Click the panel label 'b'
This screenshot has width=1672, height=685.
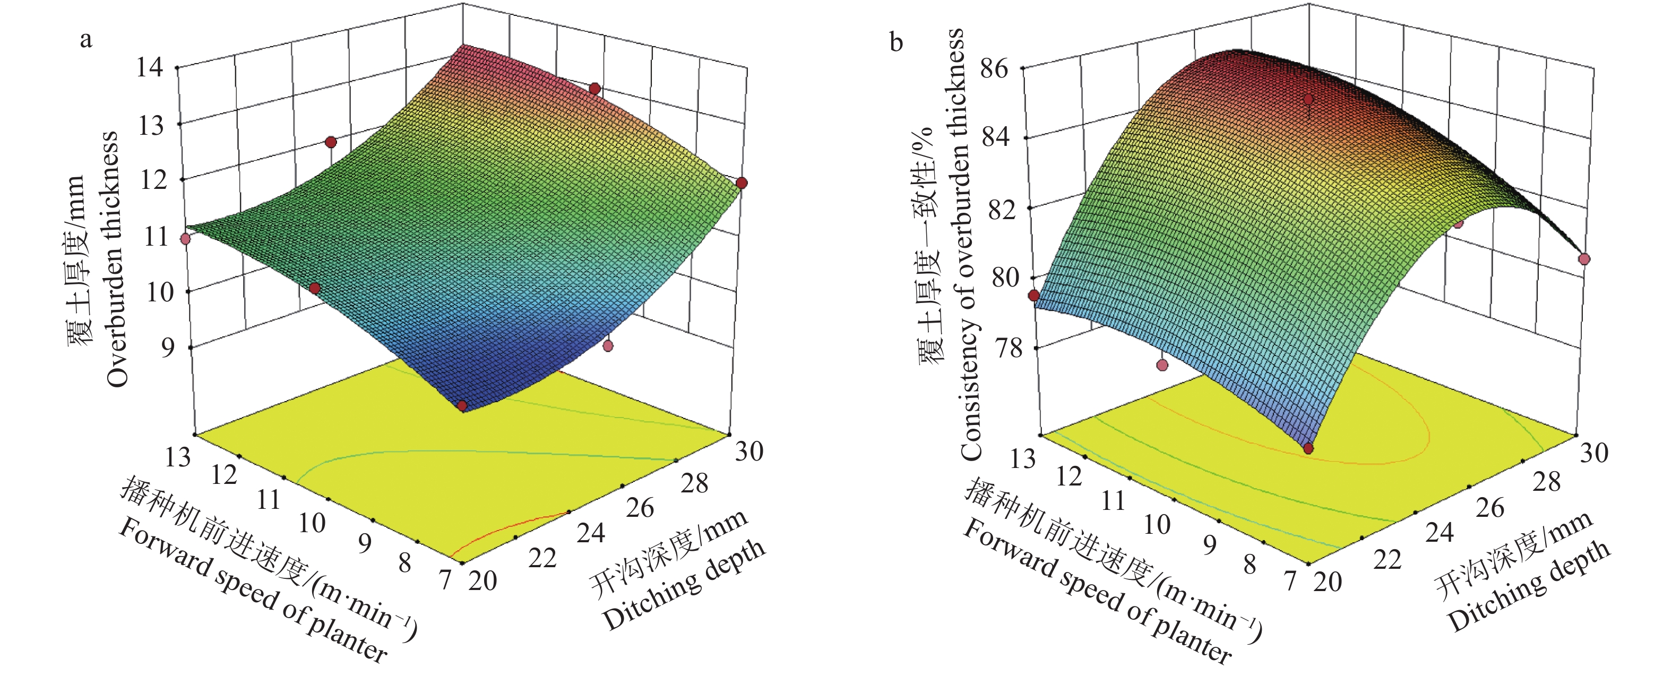pyautogui.click(x=897, y=43)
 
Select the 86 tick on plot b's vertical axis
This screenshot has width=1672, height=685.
pyautogui.click(x=994, y=68)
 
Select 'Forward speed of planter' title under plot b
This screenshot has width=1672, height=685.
pyautogui.click(x=1097, y=594)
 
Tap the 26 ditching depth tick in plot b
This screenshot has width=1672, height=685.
pyautogui.click(x=1489, y=508)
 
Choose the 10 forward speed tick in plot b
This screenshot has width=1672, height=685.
pyautogui.click(x=1157, y=524)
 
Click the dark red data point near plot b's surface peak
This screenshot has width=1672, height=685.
pyautogui.click(x=1308, y=99)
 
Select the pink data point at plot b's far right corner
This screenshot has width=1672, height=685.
pyautogui.click(x=1584, y=259)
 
